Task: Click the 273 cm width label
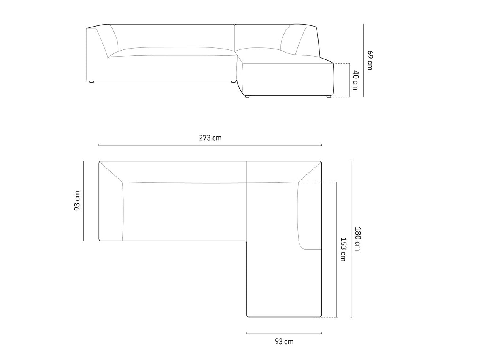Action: click(x=210, y=138)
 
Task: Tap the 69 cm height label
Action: click(x=370, y=61)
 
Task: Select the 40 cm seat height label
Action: click(x=356, y=80)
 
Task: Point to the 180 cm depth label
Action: click(x=357, y=239)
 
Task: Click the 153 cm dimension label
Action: click(x=343, y=250)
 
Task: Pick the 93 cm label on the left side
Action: click(x=77, y=201)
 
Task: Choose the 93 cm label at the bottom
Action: click(x=284, y=341)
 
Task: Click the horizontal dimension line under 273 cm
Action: click(x=210, y=145)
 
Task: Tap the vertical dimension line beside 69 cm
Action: click(x=363, y=61)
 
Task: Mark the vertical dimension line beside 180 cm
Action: click(x=351, y=239)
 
